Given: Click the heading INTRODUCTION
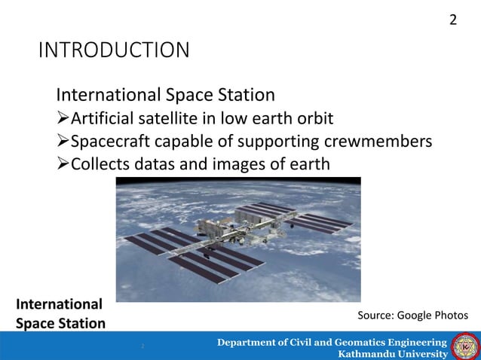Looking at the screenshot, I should (114, 51).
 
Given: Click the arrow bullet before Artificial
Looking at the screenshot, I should (63, 119).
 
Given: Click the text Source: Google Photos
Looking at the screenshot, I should (412, 314).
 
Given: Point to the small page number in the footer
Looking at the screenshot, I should (141, 346).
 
